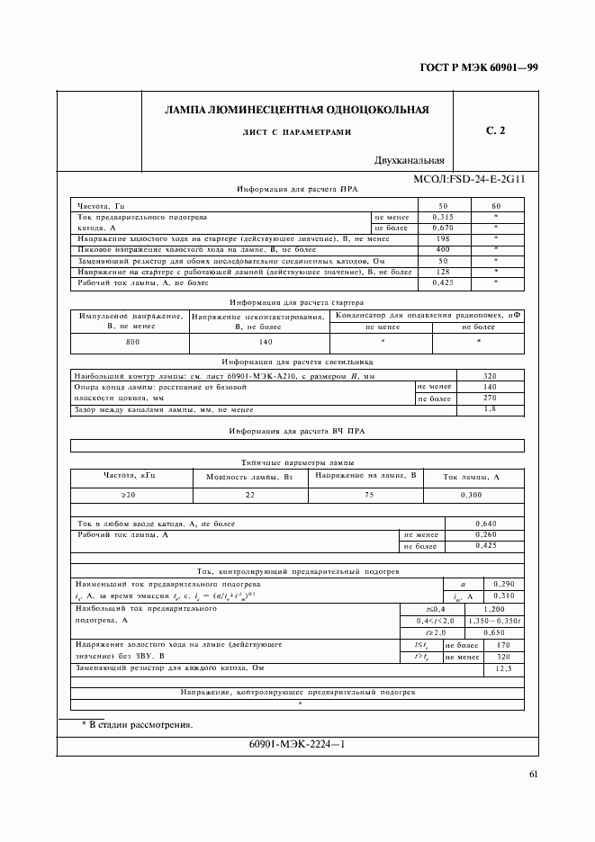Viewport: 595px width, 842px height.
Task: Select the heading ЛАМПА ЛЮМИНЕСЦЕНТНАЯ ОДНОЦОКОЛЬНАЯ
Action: point(296,111)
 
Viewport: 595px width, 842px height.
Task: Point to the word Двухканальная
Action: point(410,161)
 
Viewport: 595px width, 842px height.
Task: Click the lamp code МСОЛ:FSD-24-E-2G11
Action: point(469,179)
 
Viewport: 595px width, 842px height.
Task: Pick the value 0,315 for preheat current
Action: point(443,217)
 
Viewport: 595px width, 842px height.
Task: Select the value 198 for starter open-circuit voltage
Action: point(443,238)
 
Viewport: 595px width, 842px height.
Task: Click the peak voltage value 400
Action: point(443,249)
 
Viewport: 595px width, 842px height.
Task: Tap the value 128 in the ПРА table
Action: point(443,272)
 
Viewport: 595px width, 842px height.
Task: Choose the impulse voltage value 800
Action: point(132,343)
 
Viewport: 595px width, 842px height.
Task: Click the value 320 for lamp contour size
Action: point(491,375)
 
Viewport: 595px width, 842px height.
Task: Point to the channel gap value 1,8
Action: point(491,409)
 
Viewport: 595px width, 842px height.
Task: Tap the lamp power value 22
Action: point(250,495)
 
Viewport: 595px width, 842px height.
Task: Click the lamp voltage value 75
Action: point(368,495)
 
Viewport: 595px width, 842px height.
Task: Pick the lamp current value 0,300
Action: point(473,495)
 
